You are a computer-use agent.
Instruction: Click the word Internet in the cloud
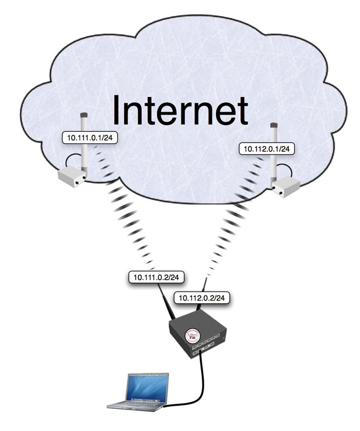(x=179, y=111)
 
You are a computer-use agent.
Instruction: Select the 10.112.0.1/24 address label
(x=267, y=148)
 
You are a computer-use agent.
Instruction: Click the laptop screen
(x=146, y=387)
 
